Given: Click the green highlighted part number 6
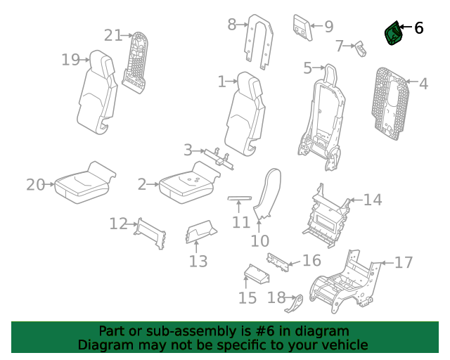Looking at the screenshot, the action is click(x=393, y=33).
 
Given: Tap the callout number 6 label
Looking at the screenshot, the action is click(x=419, y=28).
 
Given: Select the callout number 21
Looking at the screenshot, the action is click(x=112, y=36).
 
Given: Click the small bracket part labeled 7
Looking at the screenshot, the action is click(x=361, y=49).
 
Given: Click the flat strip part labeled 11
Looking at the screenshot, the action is click(x=239, y=198).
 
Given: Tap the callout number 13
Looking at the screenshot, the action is click(x=198, y=262).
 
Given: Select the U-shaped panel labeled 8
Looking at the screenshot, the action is click(x=259, y=41).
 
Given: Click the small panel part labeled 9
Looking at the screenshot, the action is click(x=302, y=27).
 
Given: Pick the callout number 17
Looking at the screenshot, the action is click(x=404, y=262).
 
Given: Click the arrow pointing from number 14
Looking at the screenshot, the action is click(x=356, y=200).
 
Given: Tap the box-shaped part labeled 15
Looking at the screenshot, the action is click(x=257, y=274).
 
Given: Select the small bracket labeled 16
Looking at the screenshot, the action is click(x=278, y=262).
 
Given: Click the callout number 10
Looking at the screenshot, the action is click(x=260, y=241).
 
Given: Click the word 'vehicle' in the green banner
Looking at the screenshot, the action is click(x=348, y=345).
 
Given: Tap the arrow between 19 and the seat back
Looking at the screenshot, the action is click(x=84, y=60).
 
